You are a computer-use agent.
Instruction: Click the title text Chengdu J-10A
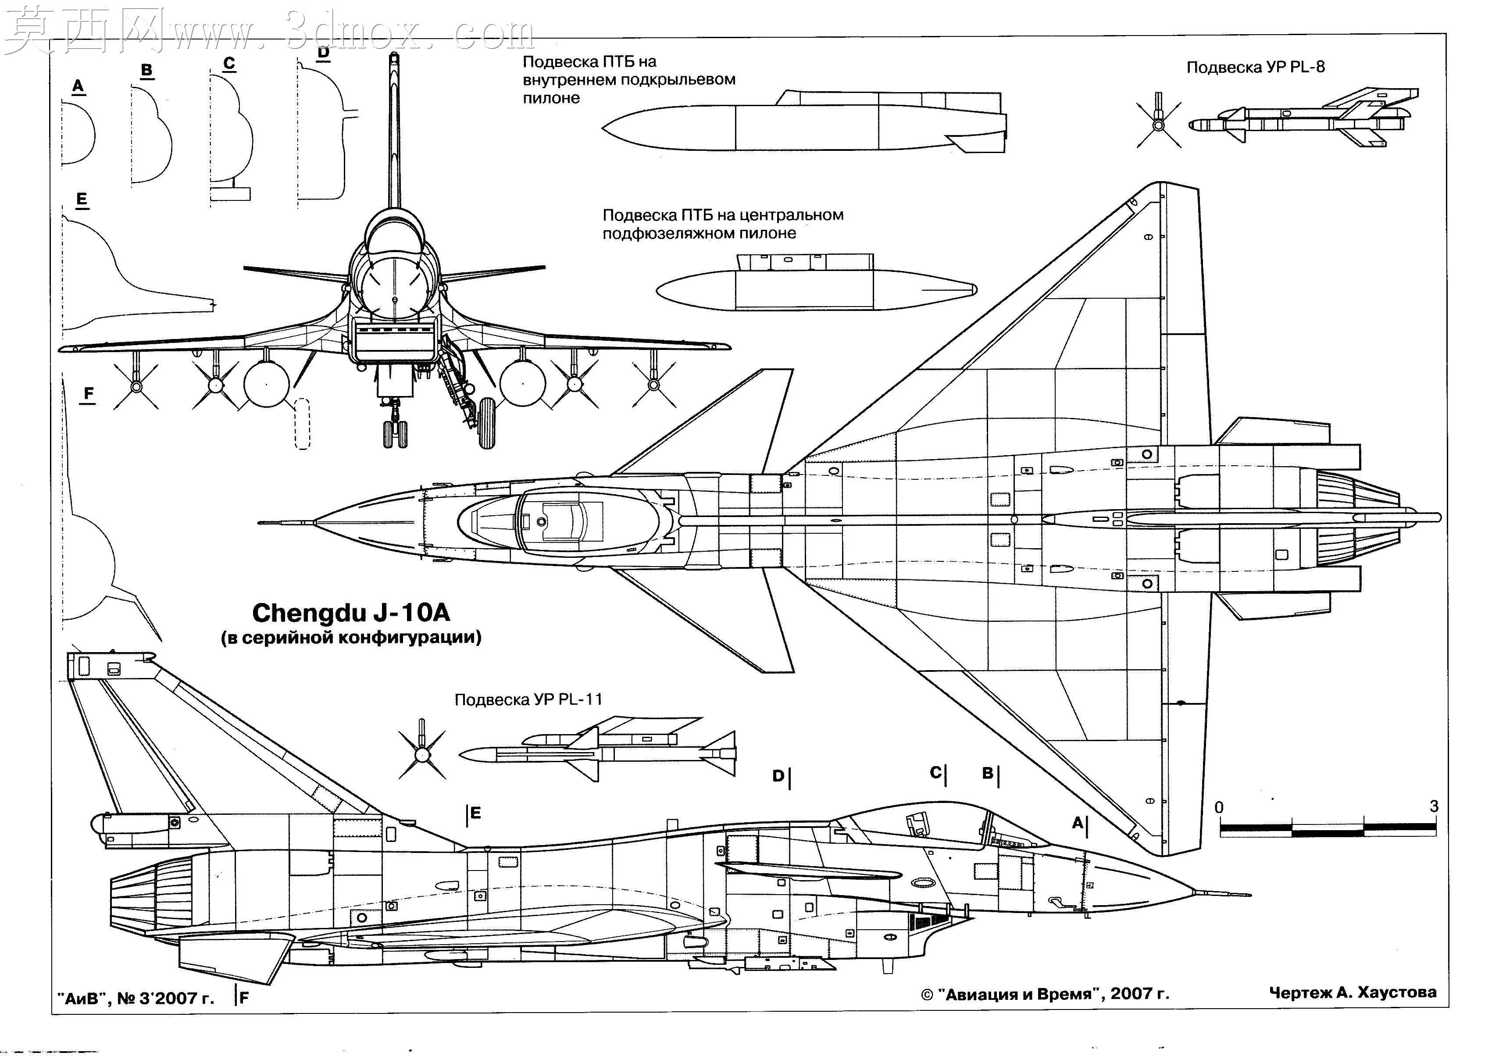[x=351, y=613]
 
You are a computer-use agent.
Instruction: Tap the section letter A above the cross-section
[x=78, y=86]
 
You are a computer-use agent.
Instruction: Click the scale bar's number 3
[x=1434, y=806]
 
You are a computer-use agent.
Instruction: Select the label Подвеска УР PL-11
[x=528, y=699]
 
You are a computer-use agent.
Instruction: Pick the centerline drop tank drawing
[x=816, y=282]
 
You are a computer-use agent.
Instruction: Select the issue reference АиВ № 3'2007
[x=135, y=998]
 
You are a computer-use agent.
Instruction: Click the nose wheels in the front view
[x=395, y=434]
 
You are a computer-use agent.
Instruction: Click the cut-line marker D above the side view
[x=781, y=776]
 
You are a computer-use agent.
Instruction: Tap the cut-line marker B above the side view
[x=990, y=773]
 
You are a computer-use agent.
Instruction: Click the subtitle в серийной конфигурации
[x=351, y=637]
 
